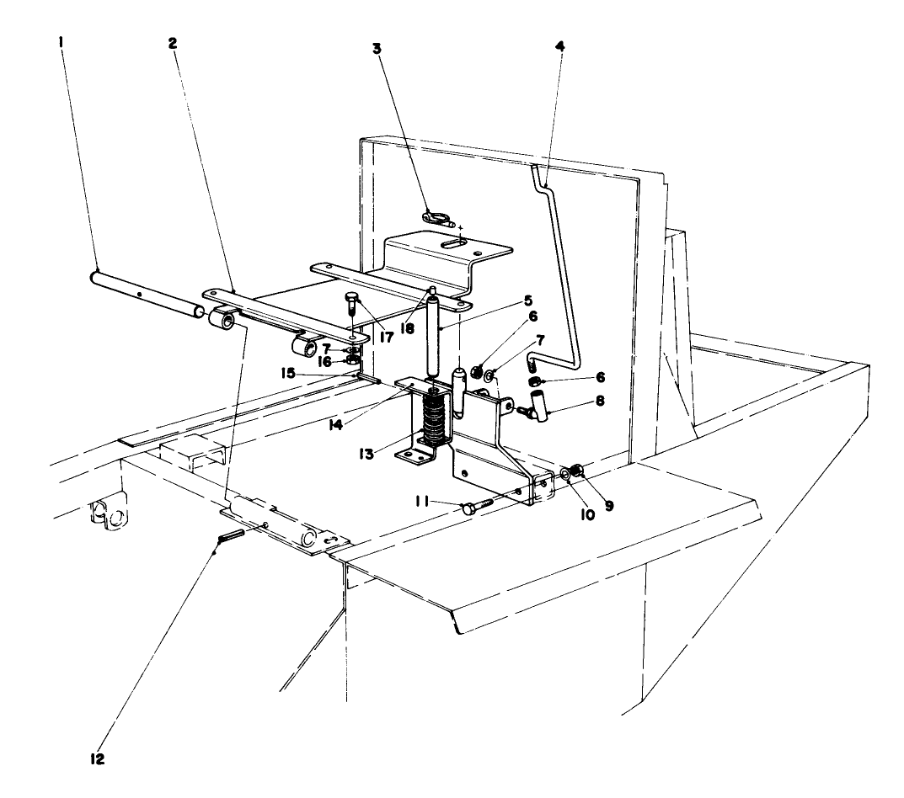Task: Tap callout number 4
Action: click(560, 45)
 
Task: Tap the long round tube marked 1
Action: click(143, 295)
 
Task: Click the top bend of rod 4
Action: click(536, 173)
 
